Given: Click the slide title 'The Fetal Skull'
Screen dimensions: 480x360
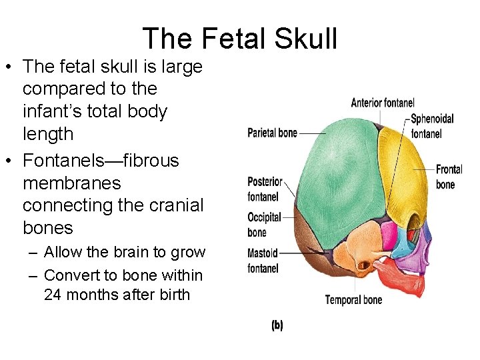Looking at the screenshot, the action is tap(240, 39).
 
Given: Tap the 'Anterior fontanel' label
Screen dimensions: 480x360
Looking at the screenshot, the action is tap(383, 103).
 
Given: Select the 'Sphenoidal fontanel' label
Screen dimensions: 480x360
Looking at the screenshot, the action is tap(432, 126).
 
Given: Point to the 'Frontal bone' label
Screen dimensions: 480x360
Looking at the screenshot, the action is tap(449, 177).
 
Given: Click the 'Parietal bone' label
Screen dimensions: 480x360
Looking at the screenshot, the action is tap(272, 133).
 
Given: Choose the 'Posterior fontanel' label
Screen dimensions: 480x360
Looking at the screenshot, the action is tap(265, 189).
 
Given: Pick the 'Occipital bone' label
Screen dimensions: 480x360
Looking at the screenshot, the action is tap(264, 225).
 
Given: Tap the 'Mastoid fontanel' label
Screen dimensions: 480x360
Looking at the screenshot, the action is tap(262, 261).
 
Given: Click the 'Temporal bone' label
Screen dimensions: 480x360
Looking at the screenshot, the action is tap(353, 299).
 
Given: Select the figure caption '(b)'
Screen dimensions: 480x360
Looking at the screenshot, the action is tap(277, 325).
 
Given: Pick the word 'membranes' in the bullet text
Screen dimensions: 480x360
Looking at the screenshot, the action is tap(71, 183).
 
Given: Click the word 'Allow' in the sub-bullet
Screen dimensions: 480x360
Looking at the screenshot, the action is tap(63, 253).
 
